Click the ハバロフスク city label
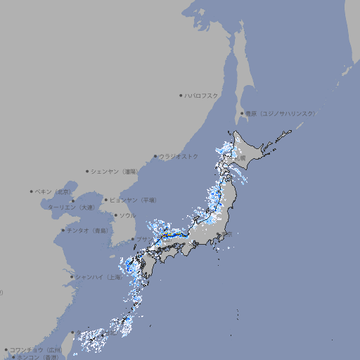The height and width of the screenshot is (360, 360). [202, 95]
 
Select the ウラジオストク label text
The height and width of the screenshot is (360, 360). [179, 156]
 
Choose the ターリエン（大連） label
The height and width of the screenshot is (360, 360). [71, 207]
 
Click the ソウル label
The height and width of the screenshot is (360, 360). [127, 215]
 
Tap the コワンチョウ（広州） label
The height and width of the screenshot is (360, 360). [36, 349]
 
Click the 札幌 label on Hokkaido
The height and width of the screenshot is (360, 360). [240, 159]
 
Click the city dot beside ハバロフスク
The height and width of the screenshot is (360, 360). [181, 95]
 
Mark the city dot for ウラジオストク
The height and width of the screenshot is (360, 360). [155, 156]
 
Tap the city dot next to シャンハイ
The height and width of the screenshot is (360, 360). [72, 277]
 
